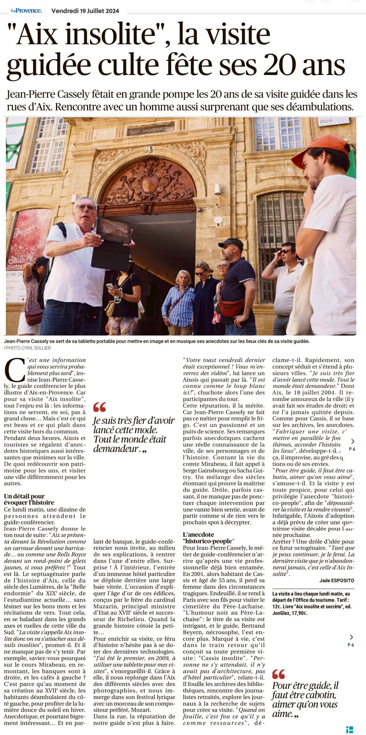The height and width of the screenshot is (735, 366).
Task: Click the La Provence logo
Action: coord(26,10)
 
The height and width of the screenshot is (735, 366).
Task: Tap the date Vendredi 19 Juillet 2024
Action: coord(85,11)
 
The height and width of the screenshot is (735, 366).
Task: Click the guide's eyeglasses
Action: coord(86,207)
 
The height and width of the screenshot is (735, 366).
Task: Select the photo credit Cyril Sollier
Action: coord(28,348)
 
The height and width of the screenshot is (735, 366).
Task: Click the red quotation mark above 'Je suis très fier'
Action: coord(99,407)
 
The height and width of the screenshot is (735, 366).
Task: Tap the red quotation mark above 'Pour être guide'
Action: coord(279,671)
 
